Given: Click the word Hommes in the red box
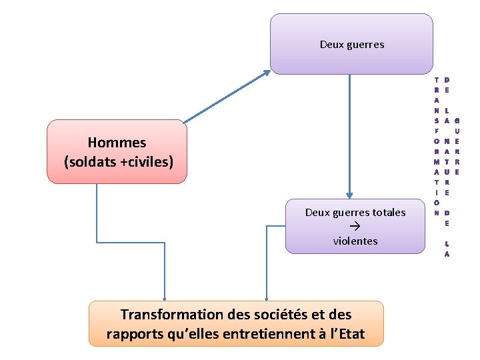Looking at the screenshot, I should (x=117, y=142).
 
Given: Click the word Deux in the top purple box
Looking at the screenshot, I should (x=333, y=45).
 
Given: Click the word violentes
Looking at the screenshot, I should (x=355, y=241).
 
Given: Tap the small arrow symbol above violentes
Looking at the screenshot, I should (x=355, y=227).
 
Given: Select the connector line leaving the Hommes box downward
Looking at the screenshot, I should (x=97, y=213).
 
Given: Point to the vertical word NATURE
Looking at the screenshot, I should (x=446, y=167).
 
